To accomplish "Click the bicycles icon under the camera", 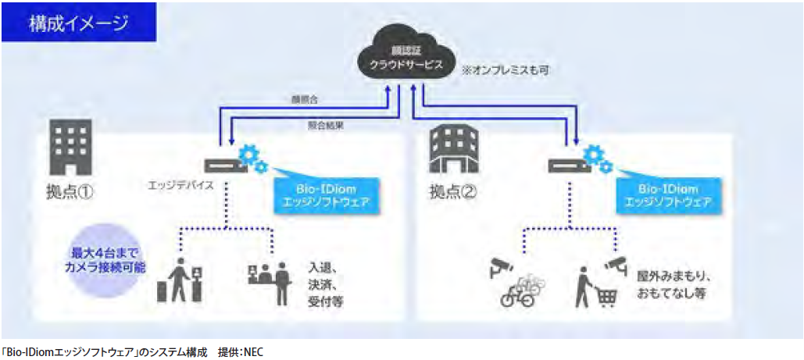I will pyautogui.click(x=519, y=290).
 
